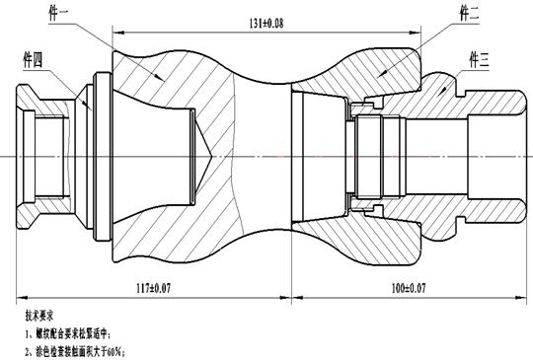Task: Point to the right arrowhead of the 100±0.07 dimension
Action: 520,296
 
